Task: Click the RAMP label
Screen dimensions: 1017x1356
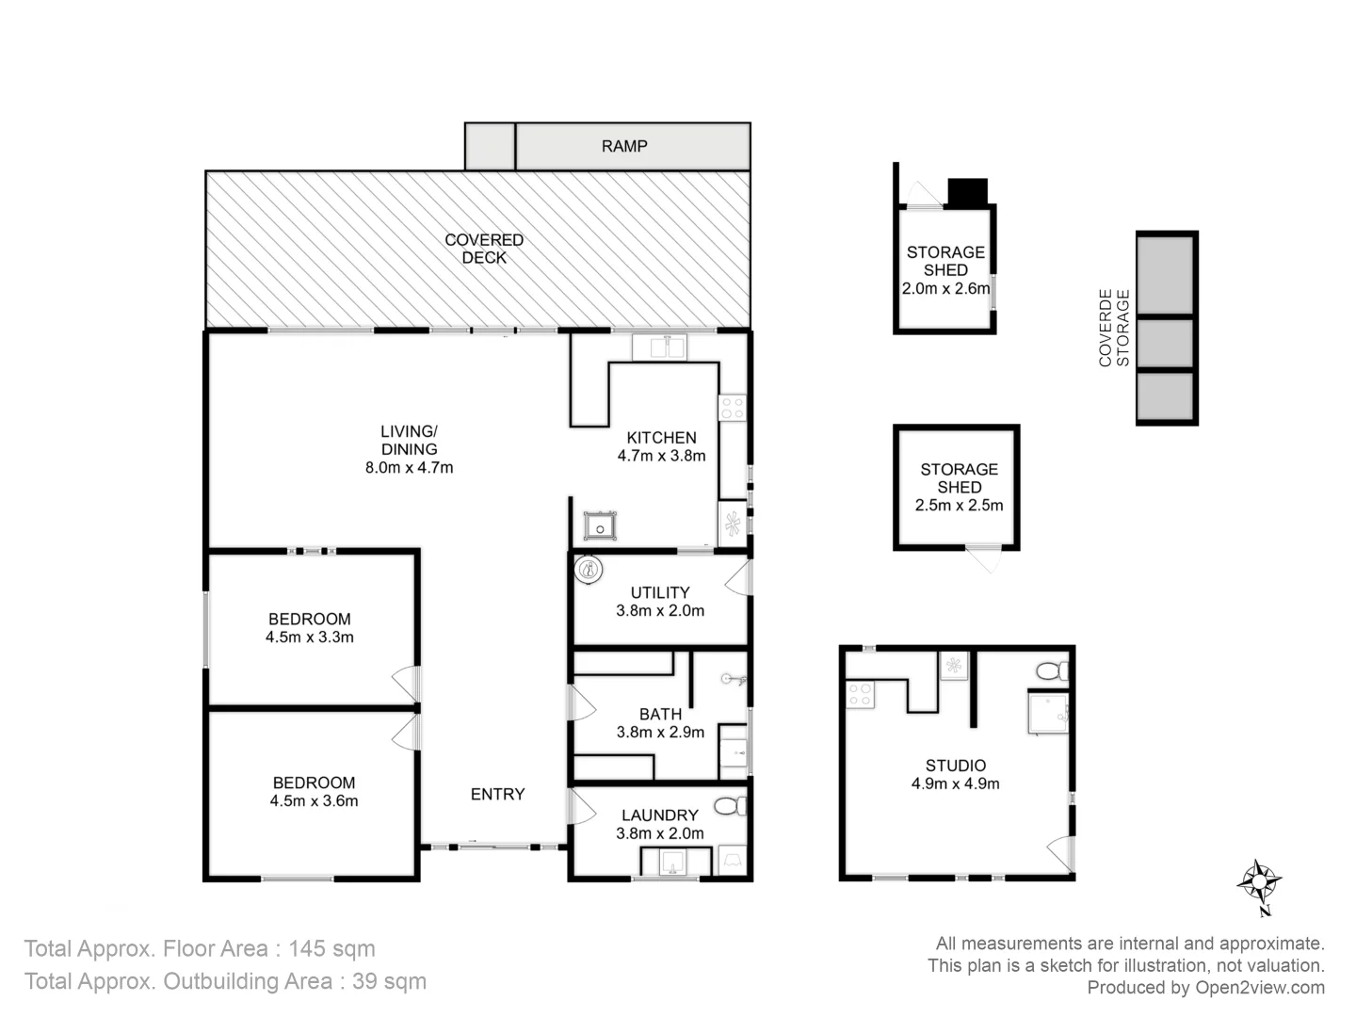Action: [624, 146]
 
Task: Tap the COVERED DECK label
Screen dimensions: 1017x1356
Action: [484, 249]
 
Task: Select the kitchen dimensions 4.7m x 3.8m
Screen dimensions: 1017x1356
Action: [661, 456]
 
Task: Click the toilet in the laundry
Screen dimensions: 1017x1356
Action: [730, 806]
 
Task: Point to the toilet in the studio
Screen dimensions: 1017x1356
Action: [1050, 671]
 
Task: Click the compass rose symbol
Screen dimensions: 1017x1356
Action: [1258, 882]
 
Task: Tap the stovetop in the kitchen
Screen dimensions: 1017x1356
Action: [732, 408]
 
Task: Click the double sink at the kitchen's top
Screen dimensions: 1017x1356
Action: [659, 347]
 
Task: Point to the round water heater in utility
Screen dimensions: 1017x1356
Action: [589, 570]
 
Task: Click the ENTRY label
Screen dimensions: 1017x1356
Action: [497, 794]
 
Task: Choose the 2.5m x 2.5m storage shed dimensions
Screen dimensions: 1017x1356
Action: [959, 505]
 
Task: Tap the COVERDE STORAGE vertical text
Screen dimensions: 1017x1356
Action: [1113, 328]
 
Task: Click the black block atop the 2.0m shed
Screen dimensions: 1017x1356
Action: [967, 192]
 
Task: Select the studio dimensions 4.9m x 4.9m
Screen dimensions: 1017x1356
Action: [955, 783]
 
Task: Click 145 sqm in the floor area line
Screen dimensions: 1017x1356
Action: [331, 948]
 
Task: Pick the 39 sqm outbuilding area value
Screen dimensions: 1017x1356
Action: [389, 981]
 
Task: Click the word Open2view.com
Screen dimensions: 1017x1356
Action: [1260, 988]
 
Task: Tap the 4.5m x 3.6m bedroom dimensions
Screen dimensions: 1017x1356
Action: [314, 801]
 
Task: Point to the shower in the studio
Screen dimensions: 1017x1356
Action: [1048, 713]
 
